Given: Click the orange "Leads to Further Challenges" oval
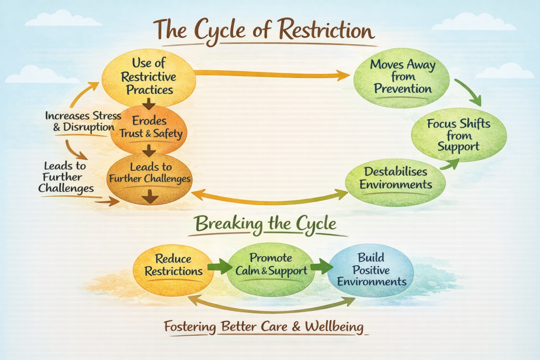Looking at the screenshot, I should click(x=149, y=177).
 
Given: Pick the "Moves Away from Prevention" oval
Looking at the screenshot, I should click(x=402, y=77).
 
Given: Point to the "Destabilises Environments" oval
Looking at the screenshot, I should click(x=395, y=179).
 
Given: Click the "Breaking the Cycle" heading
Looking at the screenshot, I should click(x=265, y=224).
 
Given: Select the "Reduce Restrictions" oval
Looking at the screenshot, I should click(x=173, y=265).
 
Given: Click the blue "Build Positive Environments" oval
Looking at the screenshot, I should click(x=371, y=269).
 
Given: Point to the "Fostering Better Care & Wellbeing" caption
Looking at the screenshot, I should click(x=263, y=327).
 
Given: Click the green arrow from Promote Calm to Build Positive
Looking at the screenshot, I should click(x=318, y=266).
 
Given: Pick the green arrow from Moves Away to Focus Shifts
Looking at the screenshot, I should click(x=468, y=92).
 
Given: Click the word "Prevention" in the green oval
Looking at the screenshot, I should click(x=402, y=89).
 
